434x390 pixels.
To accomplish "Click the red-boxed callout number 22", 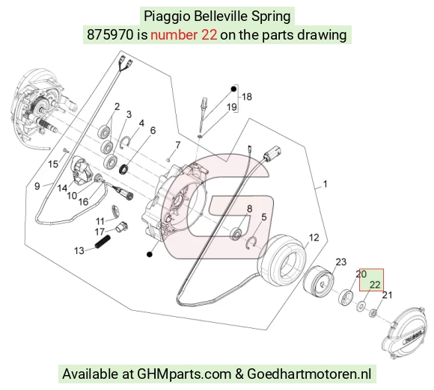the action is point(375,285).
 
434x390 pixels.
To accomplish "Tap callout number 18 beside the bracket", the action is point(247,96).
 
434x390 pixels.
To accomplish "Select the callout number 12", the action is point(314,238).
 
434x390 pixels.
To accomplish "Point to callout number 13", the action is point(79,251).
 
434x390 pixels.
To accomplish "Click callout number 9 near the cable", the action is point(37,186).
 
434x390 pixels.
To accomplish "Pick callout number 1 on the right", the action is point(325,184).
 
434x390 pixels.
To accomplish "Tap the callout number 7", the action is point(177,145).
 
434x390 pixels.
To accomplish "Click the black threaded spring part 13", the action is point(103,241).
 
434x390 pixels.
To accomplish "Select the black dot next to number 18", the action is point(234,89).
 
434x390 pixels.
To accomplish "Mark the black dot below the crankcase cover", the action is point(150,254).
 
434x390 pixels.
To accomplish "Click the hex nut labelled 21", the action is point(373,313).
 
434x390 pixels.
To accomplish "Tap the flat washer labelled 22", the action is point(361,306).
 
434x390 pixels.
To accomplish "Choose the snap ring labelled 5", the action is point(251,241).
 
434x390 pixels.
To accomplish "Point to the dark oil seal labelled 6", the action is point(123,170).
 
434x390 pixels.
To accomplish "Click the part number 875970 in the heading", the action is point(110,35).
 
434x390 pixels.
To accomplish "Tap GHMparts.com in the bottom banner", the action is point(184,374).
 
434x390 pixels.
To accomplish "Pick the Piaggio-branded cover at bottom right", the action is point(403,332).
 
